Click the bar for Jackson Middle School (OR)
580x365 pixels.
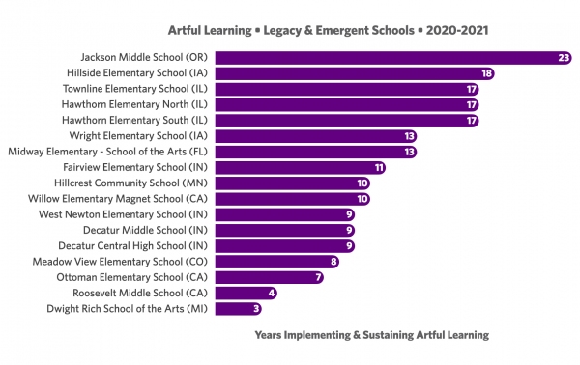tap(396, 58)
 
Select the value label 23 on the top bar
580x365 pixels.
tap(564, 58)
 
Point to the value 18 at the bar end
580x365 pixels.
tap(487, 73)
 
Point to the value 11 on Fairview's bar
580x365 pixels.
tap(379, 167)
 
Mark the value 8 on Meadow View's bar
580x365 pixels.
tap(333, 261)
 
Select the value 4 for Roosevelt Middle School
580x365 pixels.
tap(272, 293)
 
